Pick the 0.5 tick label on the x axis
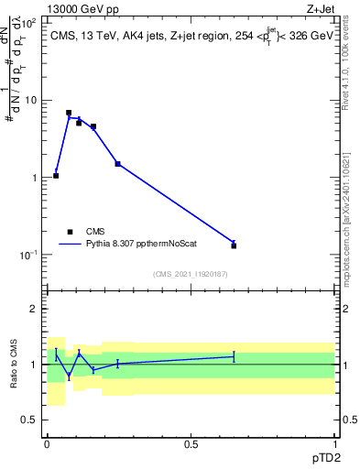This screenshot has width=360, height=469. point(191,443)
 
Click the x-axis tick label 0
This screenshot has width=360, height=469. point(47,443)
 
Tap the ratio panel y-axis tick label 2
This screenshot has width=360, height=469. point(34,310)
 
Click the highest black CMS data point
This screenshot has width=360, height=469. point(69,113)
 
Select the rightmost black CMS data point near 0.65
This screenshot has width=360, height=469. point(234,245)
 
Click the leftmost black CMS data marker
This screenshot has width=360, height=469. point(56,175)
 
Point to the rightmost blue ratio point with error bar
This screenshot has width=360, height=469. point(234,356)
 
